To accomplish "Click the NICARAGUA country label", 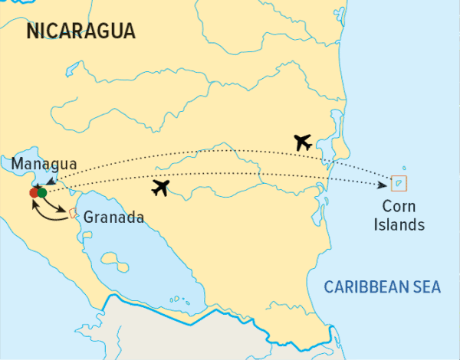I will click(x=80, y=31).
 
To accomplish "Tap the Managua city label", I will click(x=44, y=163).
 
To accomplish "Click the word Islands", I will click(x=405, y=225).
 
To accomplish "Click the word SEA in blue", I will click(x=428, y=287).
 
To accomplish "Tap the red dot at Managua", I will click(x=34, y=193).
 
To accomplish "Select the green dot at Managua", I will click(x=42, y=192).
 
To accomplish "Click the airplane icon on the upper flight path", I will click(x=304, y=142).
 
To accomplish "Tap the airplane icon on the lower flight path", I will click(x=161, y=188).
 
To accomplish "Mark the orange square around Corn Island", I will click(x=399, y=183).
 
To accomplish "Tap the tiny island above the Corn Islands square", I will click(x=405, y=169).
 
